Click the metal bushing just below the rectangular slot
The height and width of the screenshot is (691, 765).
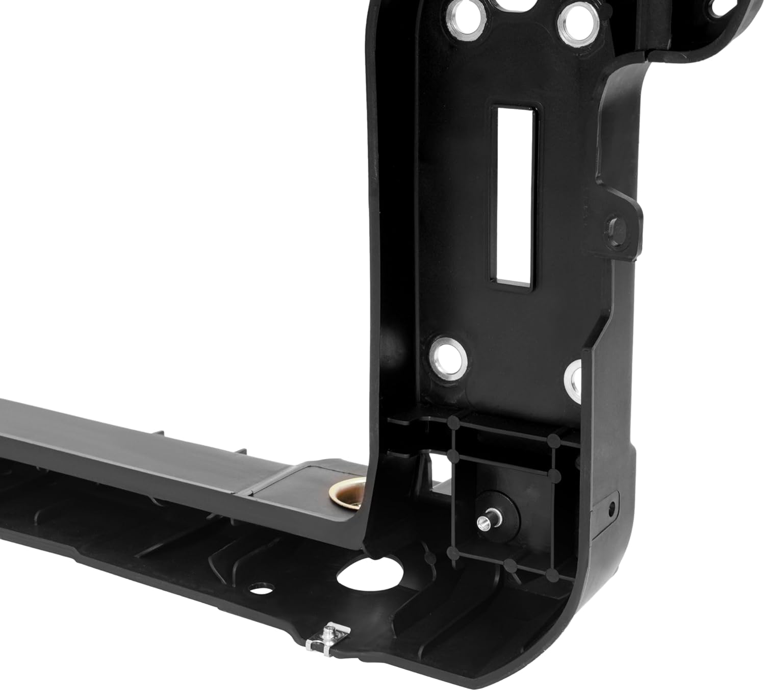click(x=448, y=356)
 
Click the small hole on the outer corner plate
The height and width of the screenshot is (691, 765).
click(x=610, y=507)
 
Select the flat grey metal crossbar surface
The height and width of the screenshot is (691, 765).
click(x=127, y=449)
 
